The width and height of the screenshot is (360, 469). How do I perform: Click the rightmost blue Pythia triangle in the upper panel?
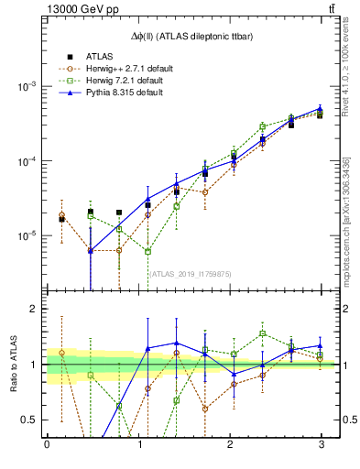point(320,108)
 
